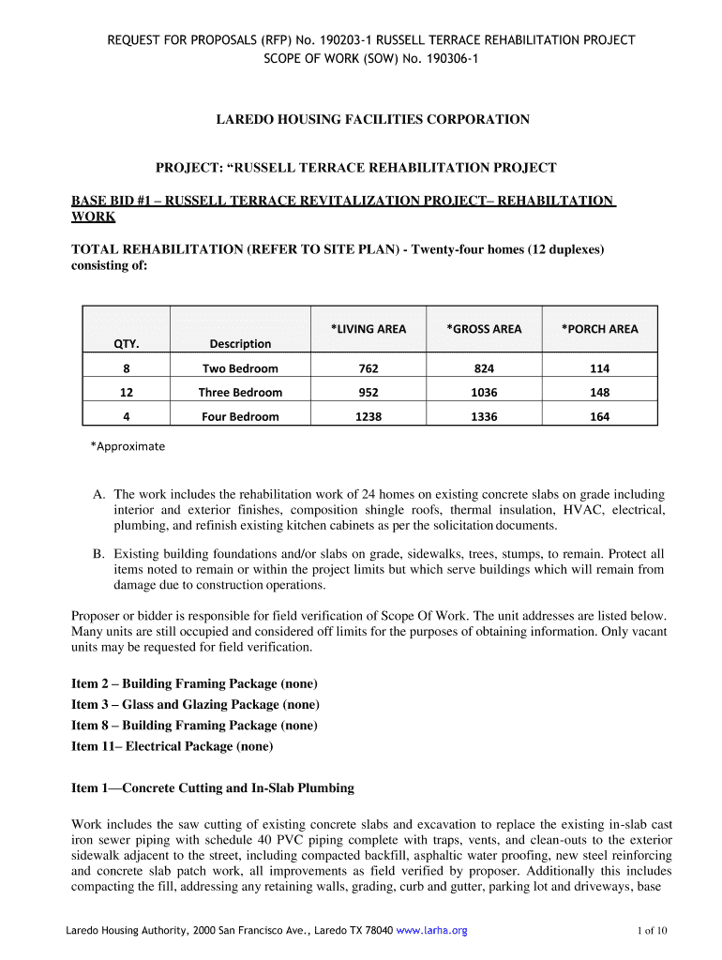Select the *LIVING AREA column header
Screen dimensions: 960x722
[x=369, y=329]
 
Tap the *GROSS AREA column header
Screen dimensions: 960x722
[x=484, y=329]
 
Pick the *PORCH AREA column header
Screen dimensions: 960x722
[x=599, y=329]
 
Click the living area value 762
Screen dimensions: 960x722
[x=369, y=368]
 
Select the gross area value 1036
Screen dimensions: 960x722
[x=484, y=393]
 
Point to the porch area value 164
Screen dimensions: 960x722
[x=599, y=416]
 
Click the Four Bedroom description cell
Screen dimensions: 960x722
[x=240, y=416]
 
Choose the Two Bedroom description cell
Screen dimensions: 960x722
[x=240, y=368]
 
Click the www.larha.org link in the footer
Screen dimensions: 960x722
[x=431, y=931]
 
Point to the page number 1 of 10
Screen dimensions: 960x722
[x=651, y=931]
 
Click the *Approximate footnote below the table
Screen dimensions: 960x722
[x=128, y=446]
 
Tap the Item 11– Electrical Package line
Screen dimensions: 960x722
[x=173, y=746]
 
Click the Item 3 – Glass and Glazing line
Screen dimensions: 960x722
[x=195, y=704]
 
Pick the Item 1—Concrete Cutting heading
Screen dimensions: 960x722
[x=213, y=788]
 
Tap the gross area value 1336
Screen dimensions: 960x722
[x=484, y=416]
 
